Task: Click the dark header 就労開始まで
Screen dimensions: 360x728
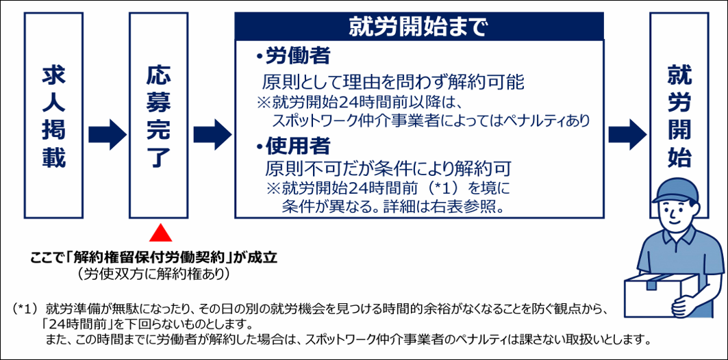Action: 419,27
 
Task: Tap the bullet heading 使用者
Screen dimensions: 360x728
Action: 288,145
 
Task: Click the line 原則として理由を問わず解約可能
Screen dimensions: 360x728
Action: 392,83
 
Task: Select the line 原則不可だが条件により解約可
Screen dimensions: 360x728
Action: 388,168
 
